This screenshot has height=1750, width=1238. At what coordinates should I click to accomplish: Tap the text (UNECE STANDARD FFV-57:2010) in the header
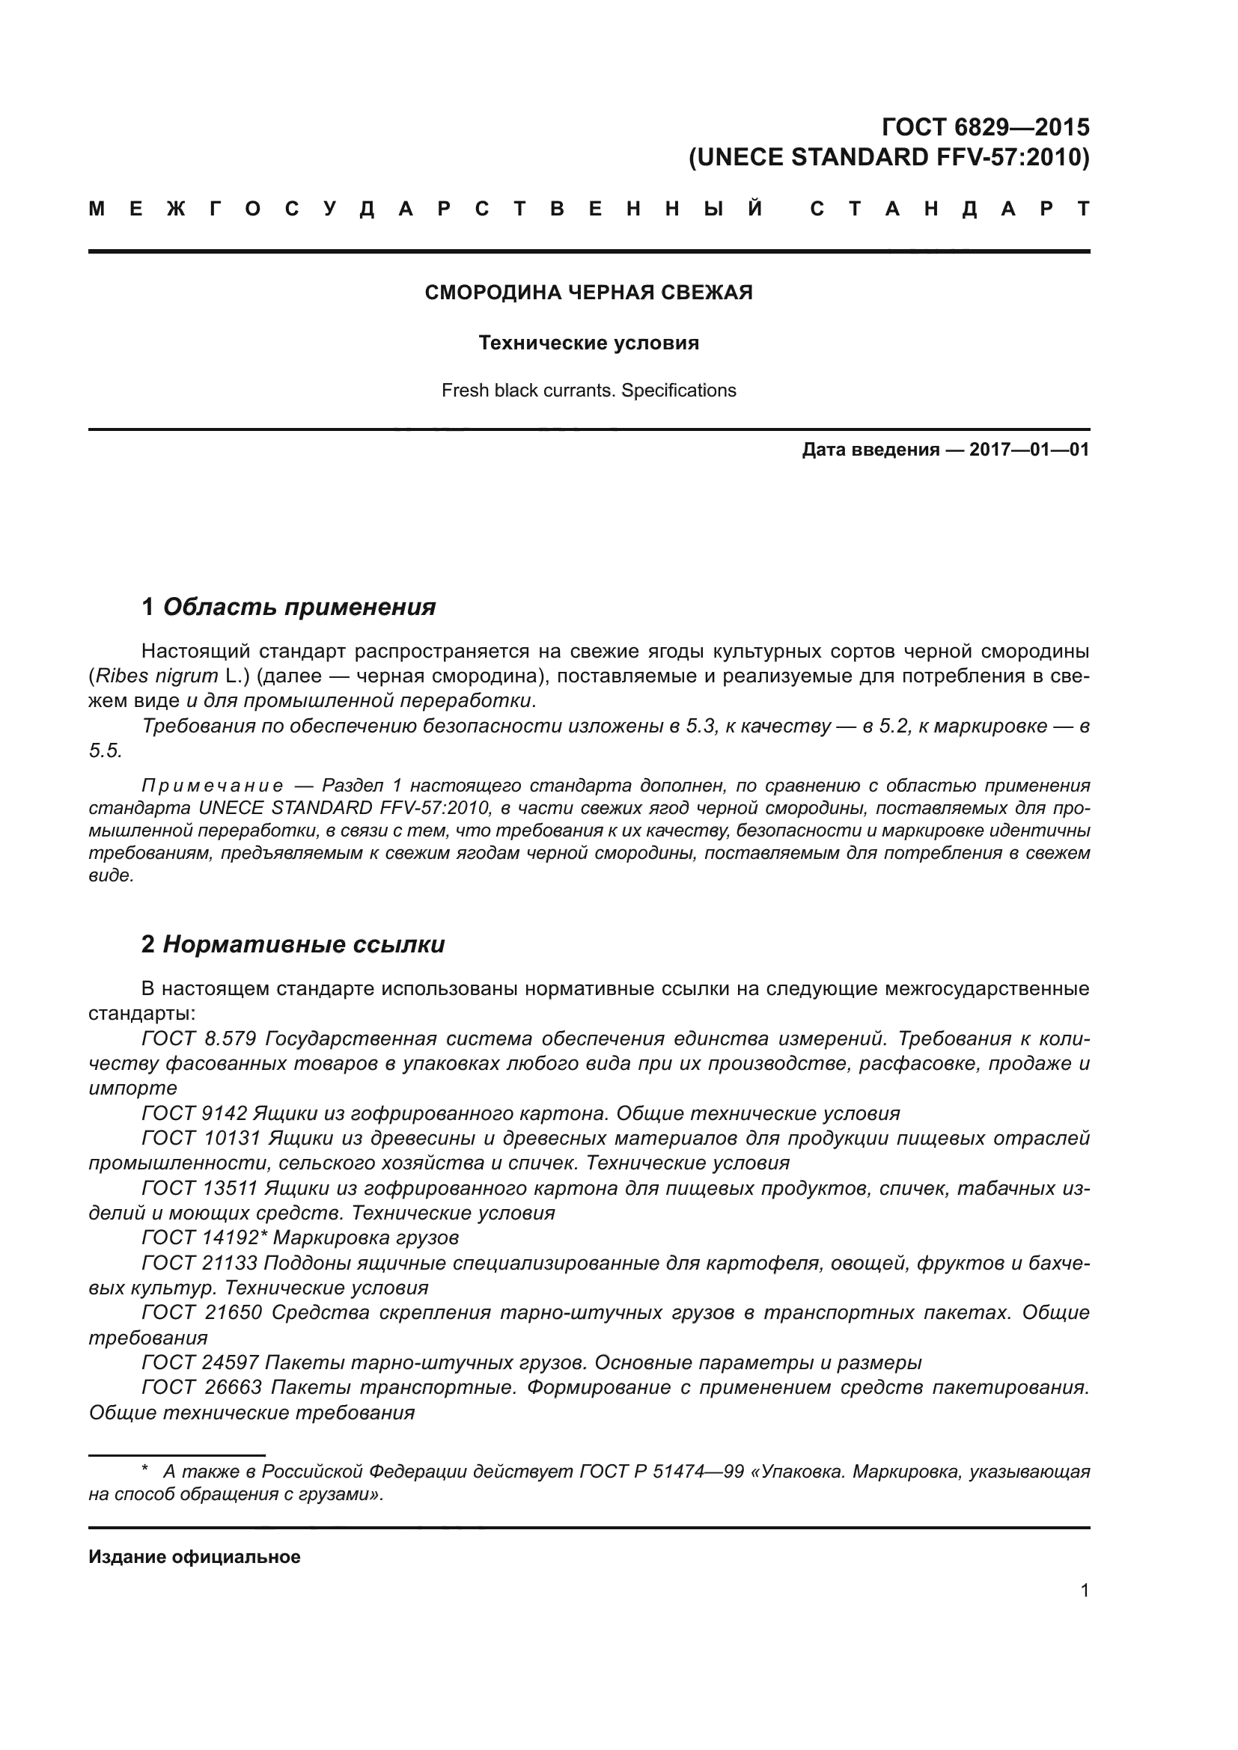[889, 157]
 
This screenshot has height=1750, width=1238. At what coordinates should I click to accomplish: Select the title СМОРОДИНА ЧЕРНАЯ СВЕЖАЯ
[588, 293]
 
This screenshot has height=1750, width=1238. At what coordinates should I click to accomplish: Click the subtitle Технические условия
[588, 343]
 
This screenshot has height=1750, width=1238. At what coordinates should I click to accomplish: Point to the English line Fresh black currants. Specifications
[588, 391]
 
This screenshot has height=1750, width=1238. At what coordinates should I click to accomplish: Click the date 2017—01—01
[1028, 450]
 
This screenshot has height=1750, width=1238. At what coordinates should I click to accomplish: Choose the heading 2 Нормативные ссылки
[293, 944]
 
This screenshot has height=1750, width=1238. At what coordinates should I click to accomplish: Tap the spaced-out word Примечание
[213, 786]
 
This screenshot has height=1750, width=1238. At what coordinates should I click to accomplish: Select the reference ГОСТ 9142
[195, 1113]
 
